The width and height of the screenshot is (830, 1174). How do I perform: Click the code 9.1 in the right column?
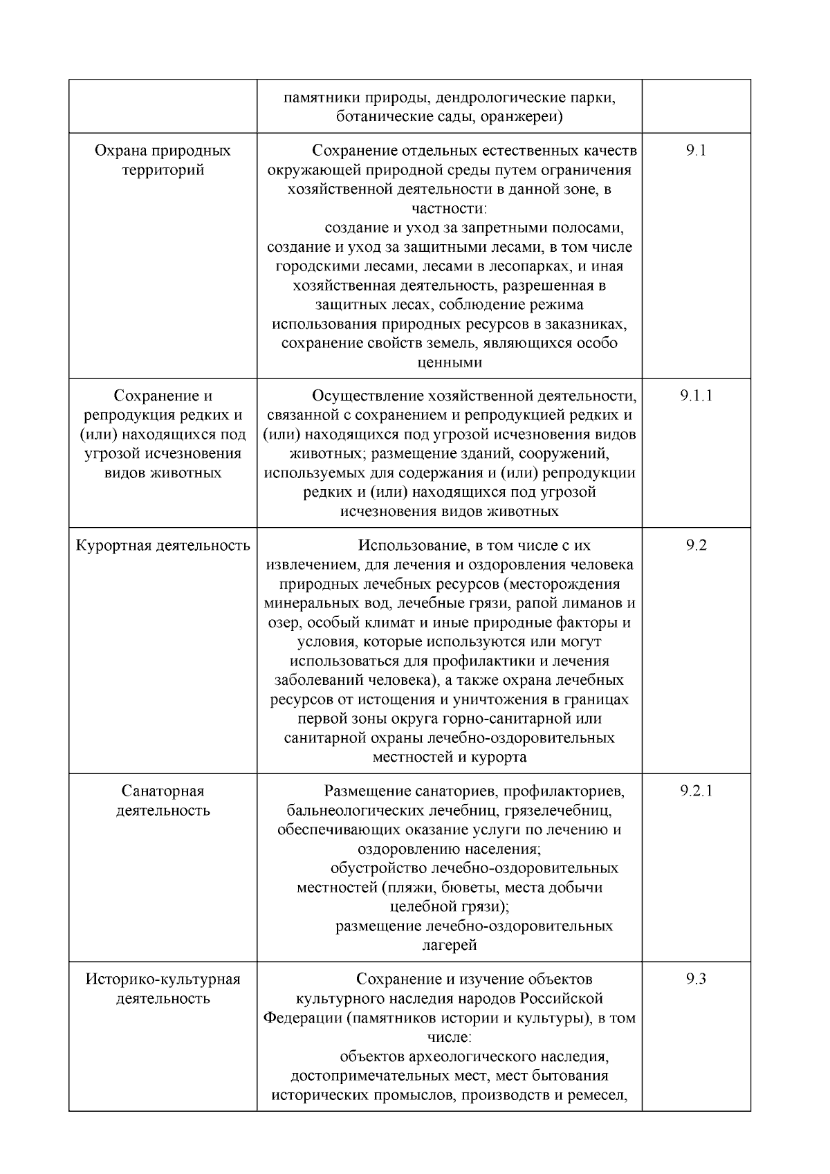pos(696,151)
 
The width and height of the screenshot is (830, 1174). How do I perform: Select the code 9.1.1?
pos(696,396)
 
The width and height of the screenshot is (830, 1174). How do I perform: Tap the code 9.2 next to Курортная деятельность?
pos(696,545)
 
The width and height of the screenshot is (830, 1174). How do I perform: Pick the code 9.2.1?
pos(696,791)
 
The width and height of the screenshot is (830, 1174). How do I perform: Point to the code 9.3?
pos(696,979)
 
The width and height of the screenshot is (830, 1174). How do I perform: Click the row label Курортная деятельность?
pos(163,545)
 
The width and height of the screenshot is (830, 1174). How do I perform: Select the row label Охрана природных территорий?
pos(163,160)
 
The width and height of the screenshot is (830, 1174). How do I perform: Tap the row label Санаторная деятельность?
pos(163,800)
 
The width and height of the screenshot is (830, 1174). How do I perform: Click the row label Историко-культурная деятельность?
pos(163,989)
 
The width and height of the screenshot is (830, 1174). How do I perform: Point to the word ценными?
pos(450,363)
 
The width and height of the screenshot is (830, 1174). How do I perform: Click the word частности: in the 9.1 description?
pos(450,208)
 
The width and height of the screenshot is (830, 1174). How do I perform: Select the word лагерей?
pos(450,945)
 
